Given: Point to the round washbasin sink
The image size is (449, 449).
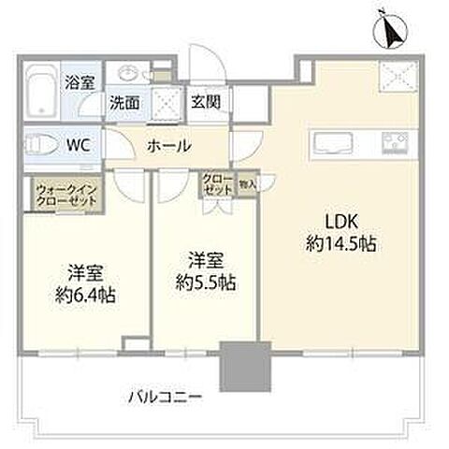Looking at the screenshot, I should point(128,76).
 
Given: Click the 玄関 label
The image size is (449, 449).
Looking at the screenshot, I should point(206,101).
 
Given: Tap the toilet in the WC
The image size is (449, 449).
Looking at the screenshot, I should point(42,145).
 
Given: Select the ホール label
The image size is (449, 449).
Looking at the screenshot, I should point(168,146).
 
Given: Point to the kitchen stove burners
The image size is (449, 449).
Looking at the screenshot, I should point(392,144).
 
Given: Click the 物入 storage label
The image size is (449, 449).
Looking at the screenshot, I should point(247,184).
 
